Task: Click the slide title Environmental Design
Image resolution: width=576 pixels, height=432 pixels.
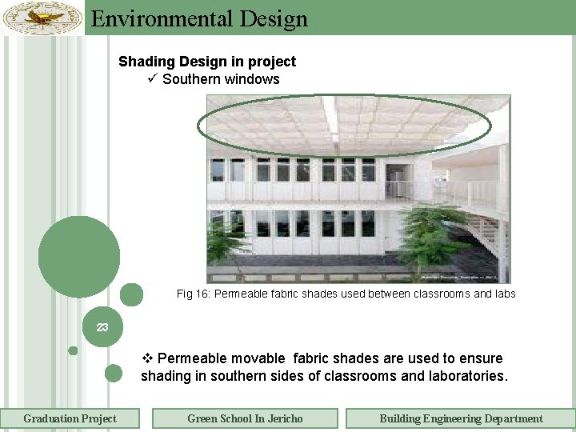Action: [x=199, y=18]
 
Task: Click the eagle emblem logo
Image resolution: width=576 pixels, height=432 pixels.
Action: [x=42, y=17]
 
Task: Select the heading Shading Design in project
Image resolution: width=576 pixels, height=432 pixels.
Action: [x=207, y=62]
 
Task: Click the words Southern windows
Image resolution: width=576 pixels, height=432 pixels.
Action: [x=221, y=79]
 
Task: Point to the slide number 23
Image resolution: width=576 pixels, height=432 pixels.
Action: [x=102, y=327]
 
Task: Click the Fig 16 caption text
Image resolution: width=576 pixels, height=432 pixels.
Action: [x=346, y=294]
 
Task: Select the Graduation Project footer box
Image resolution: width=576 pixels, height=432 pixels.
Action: [x=70, y=418]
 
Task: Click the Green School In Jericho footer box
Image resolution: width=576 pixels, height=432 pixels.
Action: [x=245, y=418]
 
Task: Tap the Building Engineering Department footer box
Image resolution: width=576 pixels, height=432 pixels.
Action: [x=461, y=418]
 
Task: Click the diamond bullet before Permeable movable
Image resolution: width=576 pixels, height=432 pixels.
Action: [x=146, y=358]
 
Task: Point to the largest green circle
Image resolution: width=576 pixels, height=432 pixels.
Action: [x=79, y=257]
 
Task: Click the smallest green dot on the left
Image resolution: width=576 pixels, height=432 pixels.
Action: [x=73, y=350]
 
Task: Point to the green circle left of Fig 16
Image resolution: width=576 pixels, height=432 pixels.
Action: [x=132, y=294]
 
